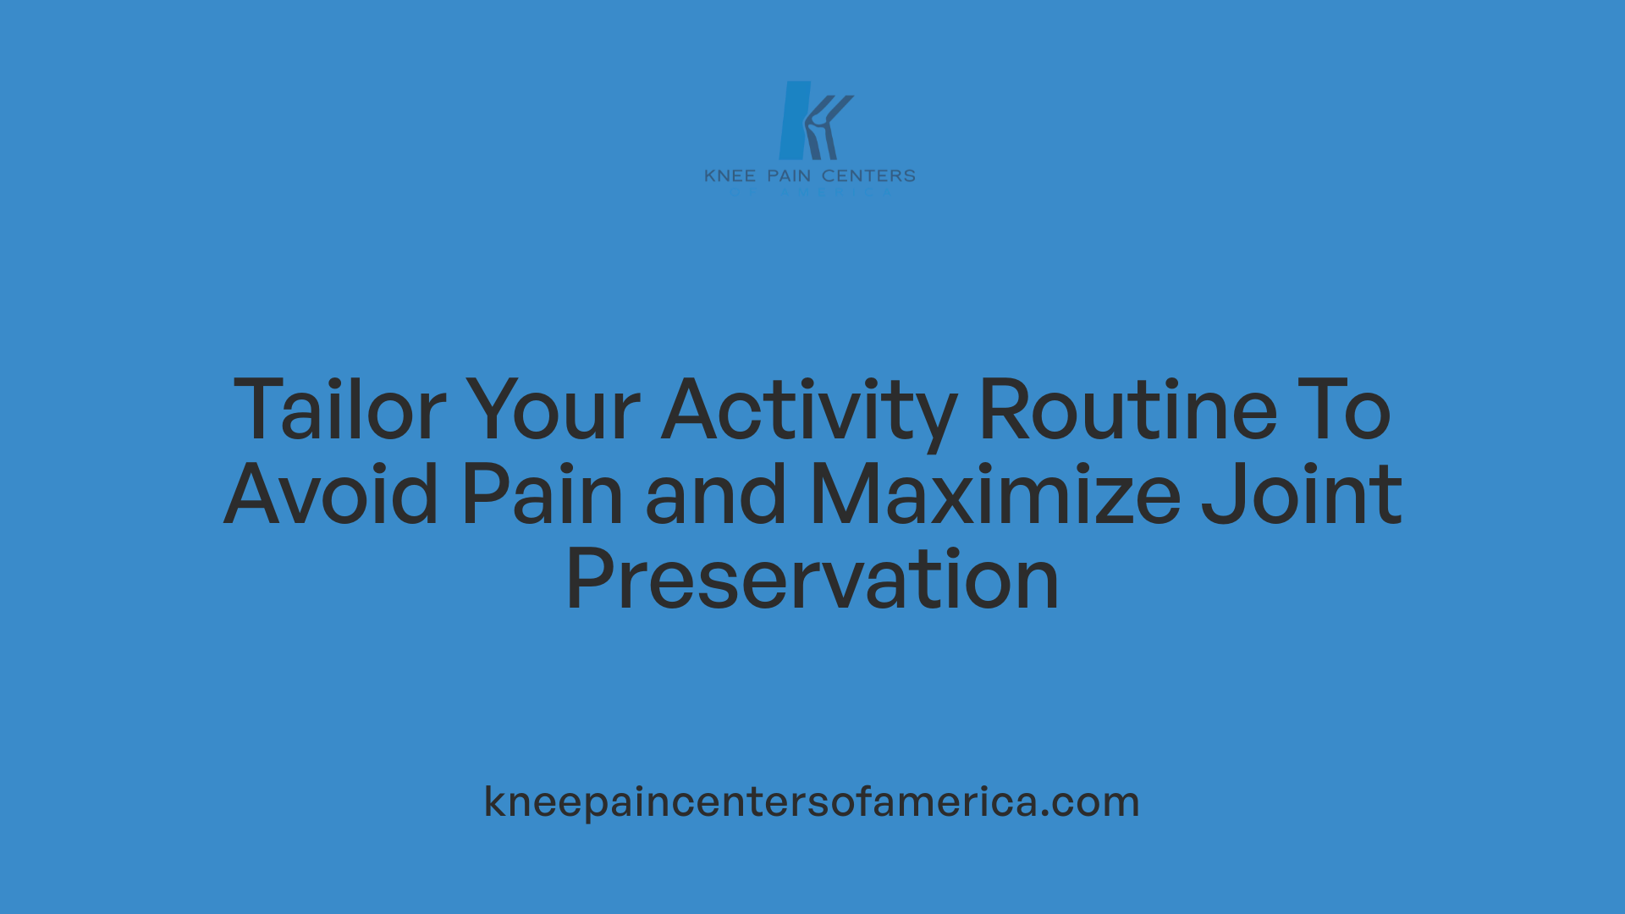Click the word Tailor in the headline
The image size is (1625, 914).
point(339,411)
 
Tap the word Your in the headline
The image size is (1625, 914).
point(554,411)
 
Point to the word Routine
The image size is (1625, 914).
point(1127,411)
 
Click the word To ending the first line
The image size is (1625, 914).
point(1346,411)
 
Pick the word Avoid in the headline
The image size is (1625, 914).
point(332,495)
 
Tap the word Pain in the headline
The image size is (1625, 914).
point(543,495)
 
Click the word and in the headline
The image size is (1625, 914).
point(716,495)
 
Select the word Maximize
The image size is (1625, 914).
point(995,495)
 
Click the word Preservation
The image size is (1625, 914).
point(812,581)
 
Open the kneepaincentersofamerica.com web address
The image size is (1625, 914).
point(812,801)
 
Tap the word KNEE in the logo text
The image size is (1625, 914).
point(730,176)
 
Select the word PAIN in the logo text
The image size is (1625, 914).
point(789,176)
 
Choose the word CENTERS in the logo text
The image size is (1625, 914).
point(868,176)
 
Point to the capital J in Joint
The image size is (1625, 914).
point(1220,495)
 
